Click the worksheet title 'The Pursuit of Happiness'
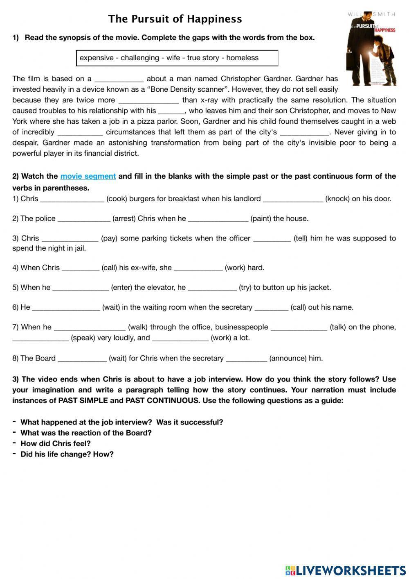click(x=175, y=19)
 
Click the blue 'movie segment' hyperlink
click(x=88, y=176)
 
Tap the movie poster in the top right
click(x=371, y=49)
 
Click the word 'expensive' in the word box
click(x=97, y=58)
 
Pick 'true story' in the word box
click(x=203, y=58)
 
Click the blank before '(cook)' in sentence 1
click(x=72, y=200)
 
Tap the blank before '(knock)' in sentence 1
click(x=293, y=200)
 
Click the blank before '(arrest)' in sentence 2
click(x=84, y=219)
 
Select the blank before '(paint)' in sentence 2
click(x=218, y=219)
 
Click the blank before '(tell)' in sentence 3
click(x=272, y=239)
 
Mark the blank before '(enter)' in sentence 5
click(x=81, y=288)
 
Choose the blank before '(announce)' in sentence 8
click(x=246, y=359)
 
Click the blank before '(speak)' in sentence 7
click(x=40, y=338)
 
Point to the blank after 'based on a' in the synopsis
click(x=119, y=79)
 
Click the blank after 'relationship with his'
click(x=171, y=111)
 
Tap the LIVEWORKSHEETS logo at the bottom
click(x=346, y=570)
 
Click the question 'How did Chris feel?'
click(x=56, y=443)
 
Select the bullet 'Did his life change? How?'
click(x=67, y=454)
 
